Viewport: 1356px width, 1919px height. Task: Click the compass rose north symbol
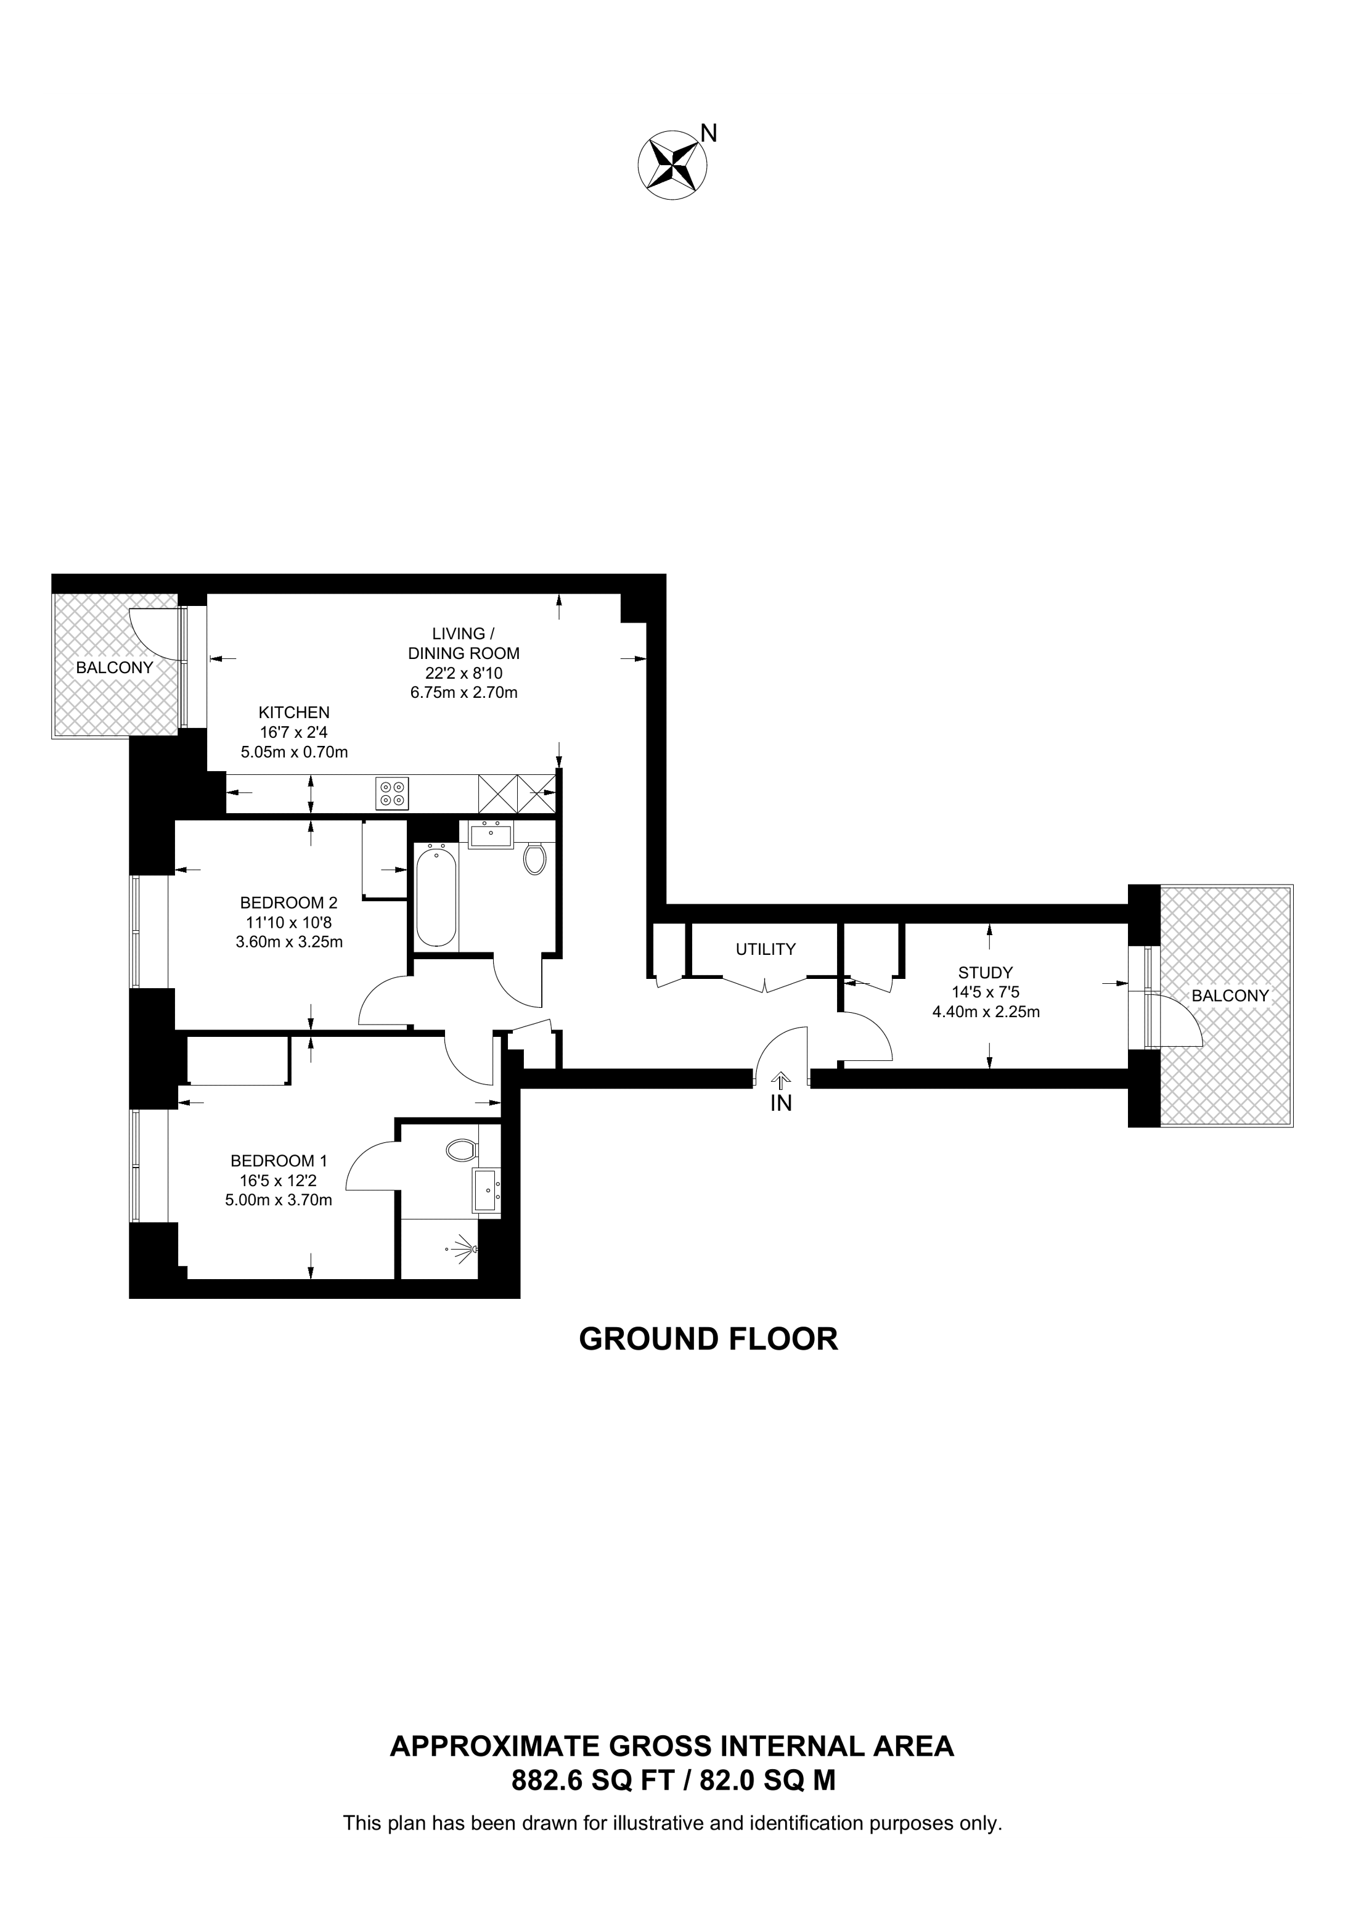point(672,165)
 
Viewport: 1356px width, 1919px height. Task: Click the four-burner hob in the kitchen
point(393,793)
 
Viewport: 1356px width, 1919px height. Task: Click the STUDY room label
point(986,973)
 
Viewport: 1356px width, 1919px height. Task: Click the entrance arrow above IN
point(781,1079)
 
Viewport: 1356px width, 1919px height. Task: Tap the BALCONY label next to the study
point(1230,996)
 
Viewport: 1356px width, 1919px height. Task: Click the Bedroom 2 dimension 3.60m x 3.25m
point(289,942)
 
